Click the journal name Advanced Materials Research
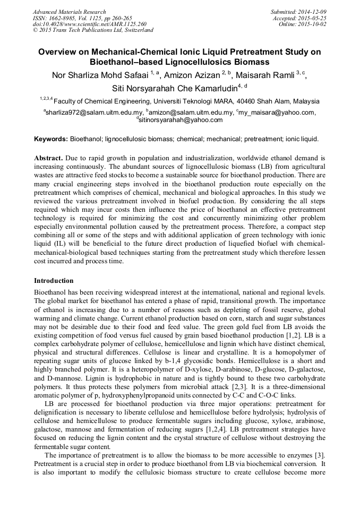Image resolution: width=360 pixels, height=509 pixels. pyautogui.click(x=69, y=12)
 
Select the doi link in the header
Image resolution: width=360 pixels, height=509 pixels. pyautogui.click(x=90, y=24)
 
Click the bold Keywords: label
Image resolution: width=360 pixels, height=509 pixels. pyautogui.click(x=51, y=139)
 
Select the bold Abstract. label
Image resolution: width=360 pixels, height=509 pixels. pyautogui.click(x=49, y=159)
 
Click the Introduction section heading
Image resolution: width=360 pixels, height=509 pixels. pyautogui.click(x=54, y=280)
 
